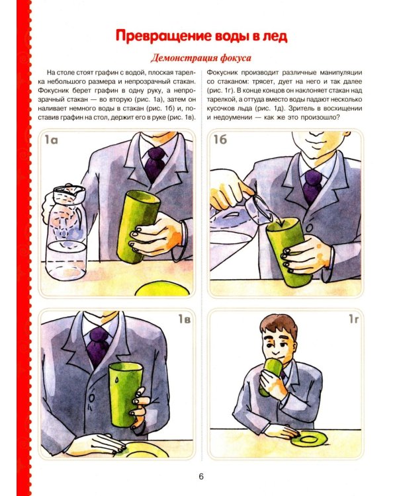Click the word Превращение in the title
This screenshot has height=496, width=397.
[x=163, y=36]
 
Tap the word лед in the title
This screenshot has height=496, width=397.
[x=275, y=36]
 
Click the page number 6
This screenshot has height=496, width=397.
[x=201, y=476]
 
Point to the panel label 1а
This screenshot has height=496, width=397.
[x=51, y=140]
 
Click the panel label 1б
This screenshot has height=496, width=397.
[x=220, y=139]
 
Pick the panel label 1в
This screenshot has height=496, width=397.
[x=185, y=319]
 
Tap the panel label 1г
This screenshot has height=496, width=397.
[x=353, y=319]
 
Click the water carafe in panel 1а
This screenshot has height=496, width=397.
[x=65, y=233]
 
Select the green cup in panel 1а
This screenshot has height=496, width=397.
[x=138, y=226]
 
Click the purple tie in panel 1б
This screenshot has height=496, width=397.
[x=312, y=186]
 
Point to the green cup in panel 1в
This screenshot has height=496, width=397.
[x=125, y=394]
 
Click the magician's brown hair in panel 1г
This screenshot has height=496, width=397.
[x=279, y=326]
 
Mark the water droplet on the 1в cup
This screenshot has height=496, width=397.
[x=117, y=379]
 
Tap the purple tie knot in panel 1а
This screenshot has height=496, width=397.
[x=155, y=154]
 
